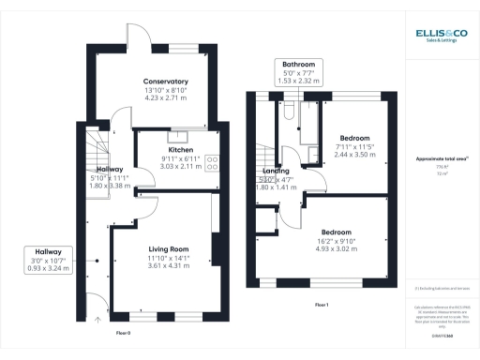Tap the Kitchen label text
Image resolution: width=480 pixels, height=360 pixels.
[180, 150]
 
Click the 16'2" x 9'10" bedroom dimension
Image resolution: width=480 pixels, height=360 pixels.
[336, 241]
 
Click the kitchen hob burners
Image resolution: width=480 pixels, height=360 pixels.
[212, 160]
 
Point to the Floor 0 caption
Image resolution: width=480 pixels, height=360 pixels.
[122, 333]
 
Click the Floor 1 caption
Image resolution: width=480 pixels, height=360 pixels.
[322, 305]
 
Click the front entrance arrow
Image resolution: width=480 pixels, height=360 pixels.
[97, 320]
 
